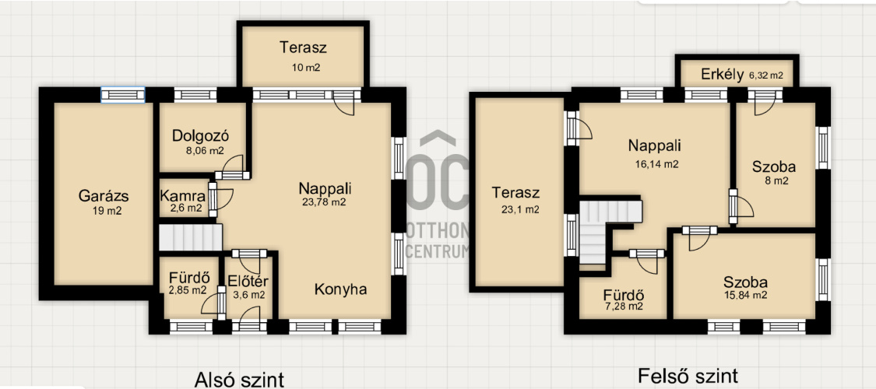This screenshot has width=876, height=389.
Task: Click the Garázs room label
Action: pyautogui.click(x=104, y=196)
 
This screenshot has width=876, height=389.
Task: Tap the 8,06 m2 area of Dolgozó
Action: pyautogui.click(x=202, y=150)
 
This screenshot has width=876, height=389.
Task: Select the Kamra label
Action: pyautogui.click(x=181, y=196)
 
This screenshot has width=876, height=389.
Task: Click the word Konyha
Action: pyautogui.click(x=340, y=289)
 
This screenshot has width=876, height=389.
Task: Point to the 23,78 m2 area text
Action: pyautogui.click(x=325, y=202)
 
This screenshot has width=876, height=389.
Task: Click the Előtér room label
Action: pyautogui.click(x=248, y=282)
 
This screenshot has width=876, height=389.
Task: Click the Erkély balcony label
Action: pyautogui.click(x=723, y=75)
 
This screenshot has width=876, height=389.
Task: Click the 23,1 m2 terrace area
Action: pyautogui.click(x=520, y=210)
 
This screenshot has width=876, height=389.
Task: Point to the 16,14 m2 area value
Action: pyautogui.click(x=657, y=164)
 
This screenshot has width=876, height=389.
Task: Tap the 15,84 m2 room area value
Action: pyautogui.click(x=745, y=295)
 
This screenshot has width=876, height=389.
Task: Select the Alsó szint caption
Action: pyautogui.click(x=239, y=380)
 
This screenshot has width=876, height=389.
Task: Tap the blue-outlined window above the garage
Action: pyautogui.click(x=123, y=95)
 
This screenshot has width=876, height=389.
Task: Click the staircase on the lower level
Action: pyautogui.click(x=190, y=237)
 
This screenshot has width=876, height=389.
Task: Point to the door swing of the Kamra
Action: pyautogui.click(x=223, y=199)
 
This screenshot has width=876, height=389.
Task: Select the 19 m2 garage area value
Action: pyautogui.click(x=107, y=211)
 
